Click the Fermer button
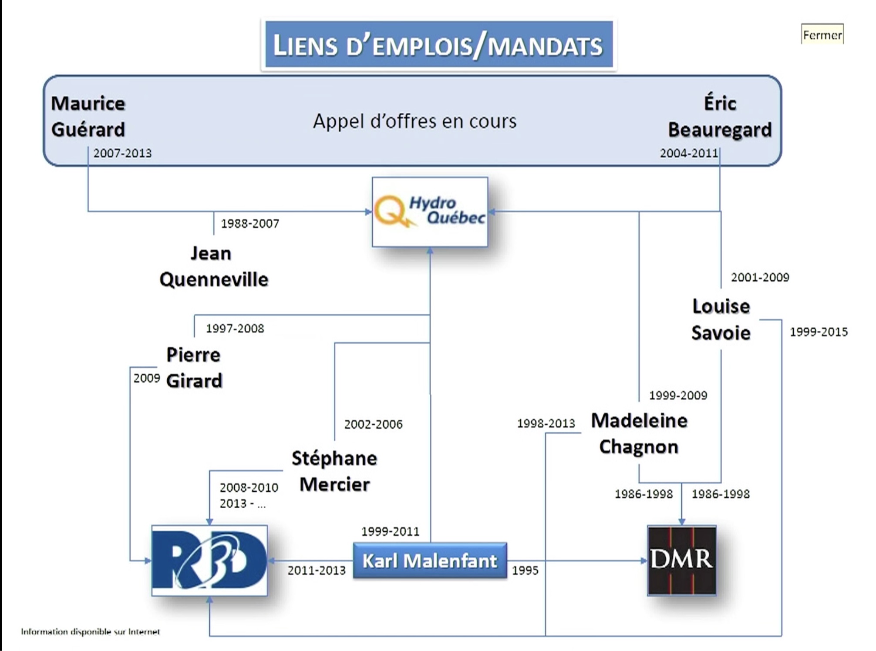pyautogui.click(x=822, y=35)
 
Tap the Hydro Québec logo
pyautogui.click(x=430, y=212)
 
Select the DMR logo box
pyautogui.click(x=681, y=560)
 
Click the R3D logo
pyautogui.click(x=209, y=560)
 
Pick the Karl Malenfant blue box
pyautogui.click(x=430, y=560)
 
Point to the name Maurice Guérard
pyautogui.click(x=88, y=117)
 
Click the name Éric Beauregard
pyautogui.click(x=720, y=117)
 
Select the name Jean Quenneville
pyautogui.click(x=213, y=266)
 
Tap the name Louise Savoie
pyautogui.click(x=721, y=319)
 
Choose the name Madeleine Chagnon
pyautogui.click(x=639, y=433)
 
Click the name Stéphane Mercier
pyautogui.click(x=334, y=471)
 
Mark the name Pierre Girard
pyautogui.click(x=194, y=368)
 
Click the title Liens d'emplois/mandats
pyautogui.click(x=438, y=45)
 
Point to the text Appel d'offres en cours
pyautogui.click(x=414, y=121)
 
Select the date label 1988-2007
pyautogui.click(x=250, y=224)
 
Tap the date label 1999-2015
pyautogui.click(x=819, y=332)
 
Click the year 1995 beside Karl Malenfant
pyautogui.click(x=525, y=570)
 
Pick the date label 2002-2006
pyautogui.click(x=373, y=424)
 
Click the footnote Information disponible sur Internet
pyautogui.click(x=91, y=631)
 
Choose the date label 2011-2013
pyautogui.click(x=317, y=570)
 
